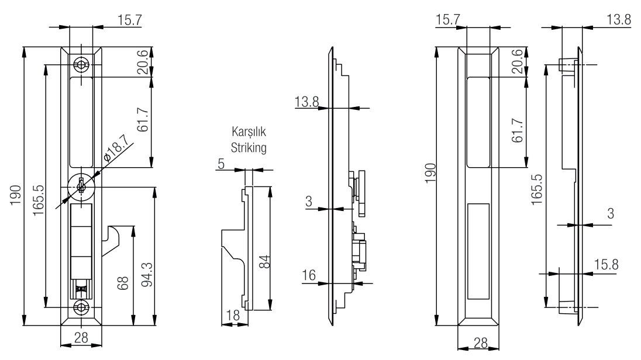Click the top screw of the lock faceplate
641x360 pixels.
pos(81,64)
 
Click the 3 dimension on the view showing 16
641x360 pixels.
pos(309,202)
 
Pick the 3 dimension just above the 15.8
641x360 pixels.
pos(610,214)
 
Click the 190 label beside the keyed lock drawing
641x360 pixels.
pos(16,192)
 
